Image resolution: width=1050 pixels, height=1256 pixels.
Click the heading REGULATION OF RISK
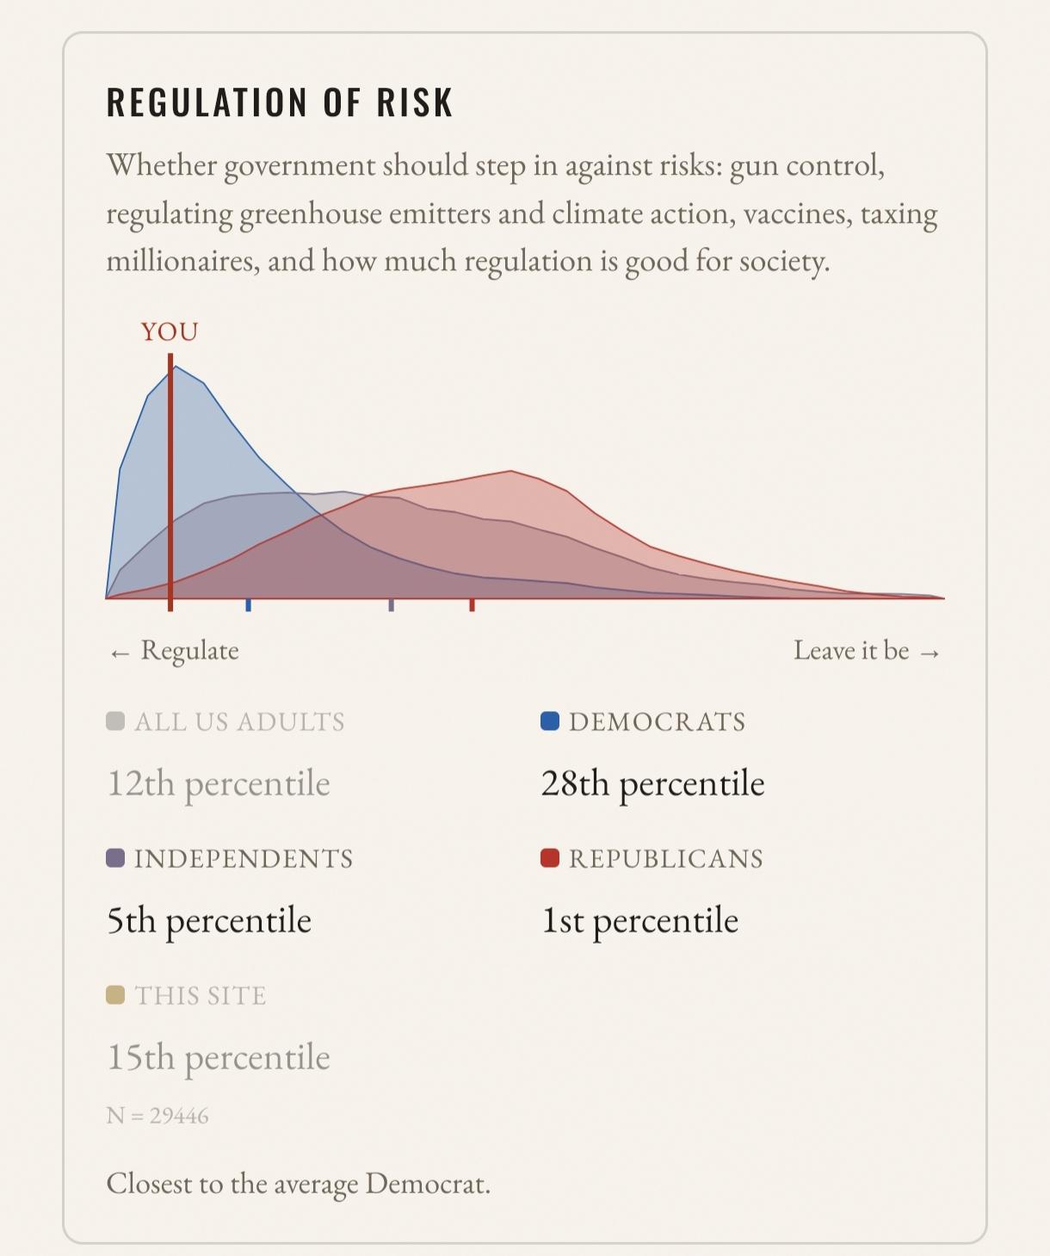pyautogui.click(x=280, y=102)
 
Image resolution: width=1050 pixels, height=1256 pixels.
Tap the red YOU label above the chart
pyautogui.click(x=170, y=332)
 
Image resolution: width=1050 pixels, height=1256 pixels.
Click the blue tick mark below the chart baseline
pyautogui.click(x=249, y=605)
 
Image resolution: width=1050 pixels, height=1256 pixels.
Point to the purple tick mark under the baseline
pyautogui.click(x=392, y=605)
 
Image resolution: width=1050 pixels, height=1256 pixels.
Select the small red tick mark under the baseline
pyautogui.click(x=472, y=605)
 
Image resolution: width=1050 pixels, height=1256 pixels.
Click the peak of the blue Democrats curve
pyautogui.click(x=175, y=367)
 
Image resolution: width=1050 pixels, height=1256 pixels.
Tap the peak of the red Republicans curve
pyautogui.click(x=511, y=471)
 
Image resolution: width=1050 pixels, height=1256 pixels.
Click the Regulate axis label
pyautogui.click(x=189, y=650)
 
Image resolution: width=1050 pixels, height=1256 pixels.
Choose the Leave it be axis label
pyautogui.click(x=851, y=650)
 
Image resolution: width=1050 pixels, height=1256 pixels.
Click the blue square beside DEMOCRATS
pyautogui.click(x=550, y=721)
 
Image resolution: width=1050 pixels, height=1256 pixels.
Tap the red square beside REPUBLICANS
pyautogui.click(x=550, y=857)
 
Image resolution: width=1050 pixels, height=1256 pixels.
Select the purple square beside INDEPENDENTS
pyautogui.click(x=114, y=857)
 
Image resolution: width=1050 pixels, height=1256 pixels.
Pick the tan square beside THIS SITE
pyautogui.click(x=114, y=995)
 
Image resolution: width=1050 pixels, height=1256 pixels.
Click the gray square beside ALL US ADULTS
pyautogui.click(x=114, y=721)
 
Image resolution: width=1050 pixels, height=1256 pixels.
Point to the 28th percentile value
pyautogui.click(x=652, y=784)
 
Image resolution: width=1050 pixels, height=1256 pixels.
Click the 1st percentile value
pyautogui.click(x=639, y=921)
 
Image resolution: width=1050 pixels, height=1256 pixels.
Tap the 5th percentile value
pyautogui.click(x=209, y=921)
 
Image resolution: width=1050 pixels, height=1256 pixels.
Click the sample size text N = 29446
pyautogui.click(x=157, y=1116)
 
